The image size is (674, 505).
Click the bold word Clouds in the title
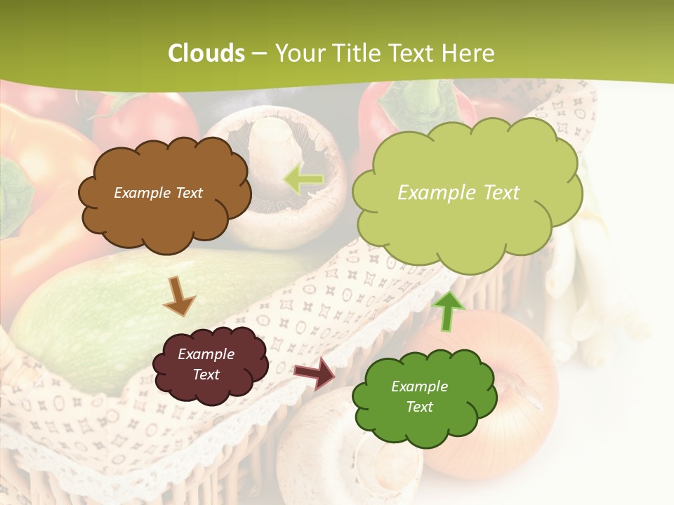[206, 53]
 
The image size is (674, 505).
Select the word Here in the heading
[468, 53]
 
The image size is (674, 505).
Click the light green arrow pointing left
[303, 180]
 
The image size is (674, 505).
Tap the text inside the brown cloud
[158, 193]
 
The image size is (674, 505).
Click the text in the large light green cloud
[458, 193]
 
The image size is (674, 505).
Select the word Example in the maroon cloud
[206, 354]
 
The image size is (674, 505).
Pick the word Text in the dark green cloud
[419, 407]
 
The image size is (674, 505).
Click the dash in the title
[259, 54]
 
